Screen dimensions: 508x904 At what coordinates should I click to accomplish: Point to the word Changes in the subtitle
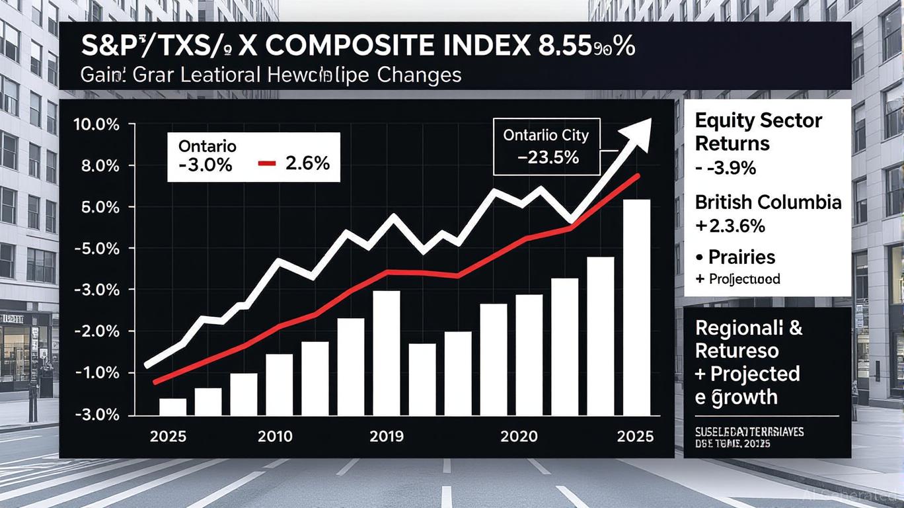420,75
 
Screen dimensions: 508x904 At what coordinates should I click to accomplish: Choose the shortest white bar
173,406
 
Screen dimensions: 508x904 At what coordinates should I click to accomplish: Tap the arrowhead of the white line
641,128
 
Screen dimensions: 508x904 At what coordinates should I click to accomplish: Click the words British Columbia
769,202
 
